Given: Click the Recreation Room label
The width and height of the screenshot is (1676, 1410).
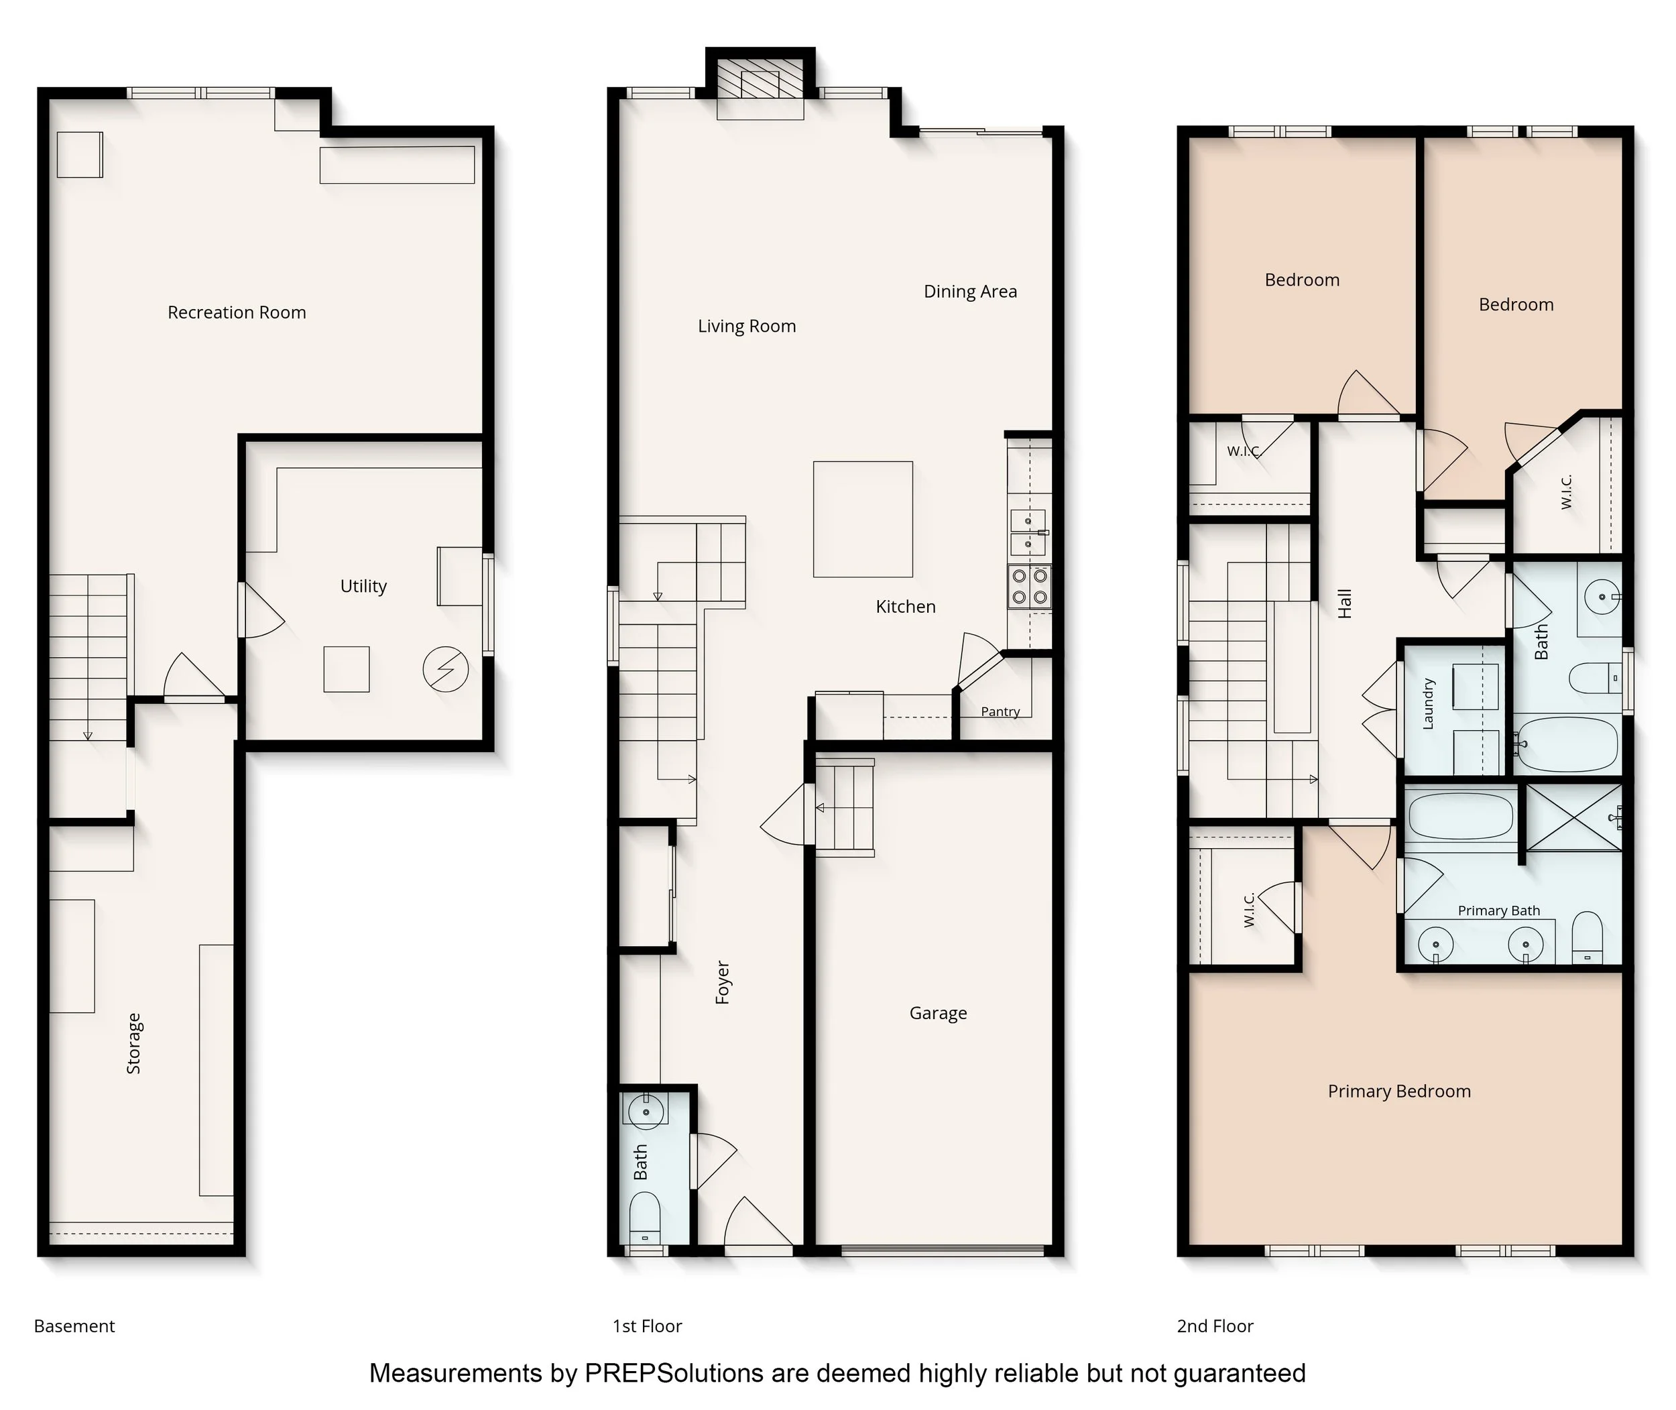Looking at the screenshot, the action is coord(237,312).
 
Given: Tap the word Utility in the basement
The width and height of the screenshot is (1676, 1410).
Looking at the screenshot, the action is coord(363,586).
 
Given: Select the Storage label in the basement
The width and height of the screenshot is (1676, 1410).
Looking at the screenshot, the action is coord(133,1043).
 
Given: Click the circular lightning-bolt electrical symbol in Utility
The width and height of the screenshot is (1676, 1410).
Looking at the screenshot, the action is coord(446,670).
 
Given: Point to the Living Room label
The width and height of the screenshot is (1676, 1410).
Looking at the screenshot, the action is coord(746,326).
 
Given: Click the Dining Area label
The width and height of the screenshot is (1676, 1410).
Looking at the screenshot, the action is coord(970,292).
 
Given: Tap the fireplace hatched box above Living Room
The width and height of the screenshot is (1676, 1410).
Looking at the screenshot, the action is coord(760,78).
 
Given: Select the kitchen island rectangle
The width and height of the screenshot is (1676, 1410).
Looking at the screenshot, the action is coord(863,519).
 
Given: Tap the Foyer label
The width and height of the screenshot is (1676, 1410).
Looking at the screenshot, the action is coord(723,982).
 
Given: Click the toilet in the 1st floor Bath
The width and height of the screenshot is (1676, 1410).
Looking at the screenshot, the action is coord(645,1218).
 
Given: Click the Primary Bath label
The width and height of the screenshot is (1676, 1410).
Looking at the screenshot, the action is coord(1498,910).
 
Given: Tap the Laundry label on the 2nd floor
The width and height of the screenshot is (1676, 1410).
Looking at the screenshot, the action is coord(1428,704).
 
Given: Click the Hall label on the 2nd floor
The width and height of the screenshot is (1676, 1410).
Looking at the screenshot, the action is coord(1344,603).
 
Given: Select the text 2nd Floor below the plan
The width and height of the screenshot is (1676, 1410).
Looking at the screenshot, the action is coord(1215,1326).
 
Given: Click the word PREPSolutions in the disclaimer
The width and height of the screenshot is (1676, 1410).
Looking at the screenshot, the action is coord(674,1373).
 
